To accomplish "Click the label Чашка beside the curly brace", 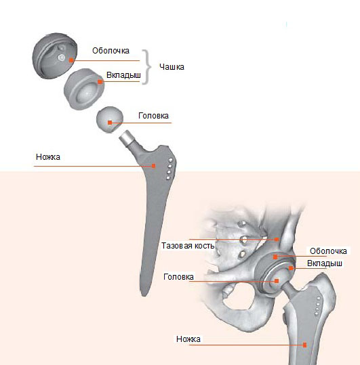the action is pos(172,67).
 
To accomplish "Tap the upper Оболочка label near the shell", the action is pos(111,51).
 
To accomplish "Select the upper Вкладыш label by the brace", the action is pos(123,75).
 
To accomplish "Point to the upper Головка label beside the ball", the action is pos(153,116).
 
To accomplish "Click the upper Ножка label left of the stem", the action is pos(48,157).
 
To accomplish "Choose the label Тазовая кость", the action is pos(188,246).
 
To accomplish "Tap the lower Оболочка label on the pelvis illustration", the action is pos(328,251).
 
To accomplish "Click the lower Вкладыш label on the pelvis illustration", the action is pos(325,263).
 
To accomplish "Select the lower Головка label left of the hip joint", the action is pos(178,277).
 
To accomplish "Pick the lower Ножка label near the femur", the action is pos(188,339).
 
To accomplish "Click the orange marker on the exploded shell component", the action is pos(71,60).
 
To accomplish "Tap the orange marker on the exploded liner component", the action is pos(100,82).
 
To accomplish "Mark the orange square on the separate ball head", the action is pos(110,123).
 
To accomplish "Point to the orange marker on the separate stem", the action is pos(153,166).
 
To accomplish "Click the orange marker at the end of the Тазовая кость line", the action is pos(277,239).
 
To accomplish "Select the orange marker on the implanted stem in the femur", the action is pos(304,345).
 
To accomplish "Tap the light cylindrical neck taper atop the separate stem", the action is pos(126,138).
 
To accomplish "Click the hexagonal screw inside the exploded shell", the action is pos(61,58).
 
